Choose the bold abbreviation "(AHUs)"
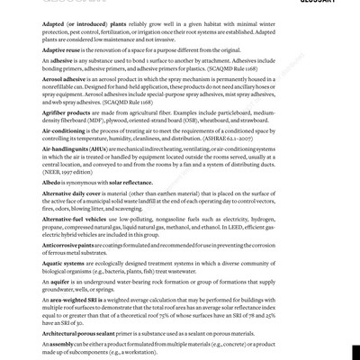point(112,174)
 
